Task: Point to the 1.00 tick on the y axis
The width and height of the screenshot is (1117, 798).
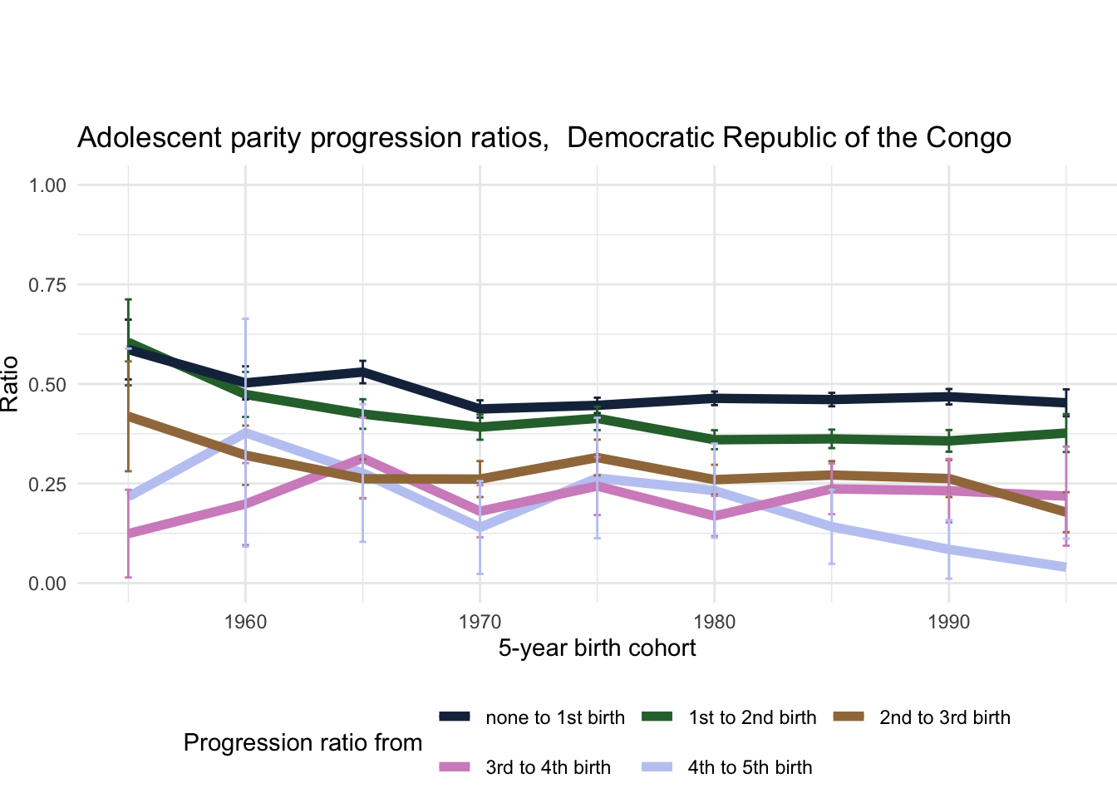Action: click(47, 185)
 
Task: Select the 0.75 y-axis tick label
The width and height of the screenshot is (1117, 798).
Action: click(47, 285)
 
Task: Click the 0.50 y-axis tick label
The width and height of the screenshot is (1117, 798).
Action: click(47, 385)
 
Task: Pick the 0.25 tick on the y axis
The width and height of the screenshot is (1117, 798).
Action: click(47, 484)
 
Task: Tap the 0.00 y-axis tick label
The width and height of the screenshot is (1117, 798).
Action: click(47, 584)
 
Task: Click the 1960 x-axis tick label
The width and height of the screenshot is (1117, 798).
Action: click(245, 622)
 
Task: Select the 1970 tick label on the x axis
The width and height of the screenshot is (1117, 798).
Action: click(480, 622)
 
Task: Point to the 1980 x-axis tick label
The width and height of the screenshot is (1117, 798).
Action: click(714, 622)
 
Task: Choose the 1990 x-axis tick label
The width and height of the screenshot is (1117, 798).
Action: click(948, 622)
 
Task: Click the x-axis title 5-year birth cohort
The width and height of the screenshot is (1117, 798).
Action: click(597, 648)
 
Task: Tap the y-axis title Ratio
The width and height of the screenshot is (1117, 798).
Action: click(10, 384)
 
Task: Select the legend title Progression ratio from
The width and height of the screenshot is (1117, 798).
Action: click(303, 743)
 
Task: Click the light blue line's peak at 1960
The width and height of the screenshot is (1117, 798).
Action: click(245, 431)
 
